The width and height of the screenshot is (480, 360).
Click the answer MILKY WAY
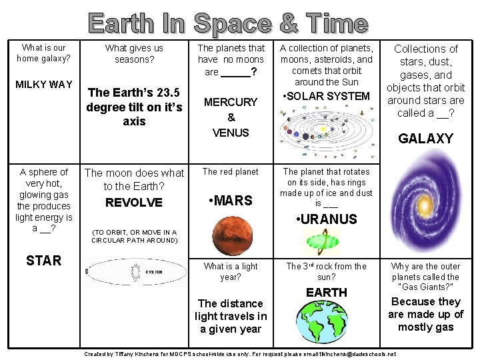tap(44, 84)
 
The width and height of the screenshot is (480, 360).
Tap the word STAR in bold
tap(43, 260)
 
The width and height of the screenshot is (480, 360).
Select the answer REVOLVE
tap(134, 202)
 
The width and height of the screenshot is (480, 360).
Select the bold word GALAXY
tap(425, 139)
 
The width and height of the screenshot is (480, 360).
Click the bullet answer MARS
tap(230, 201)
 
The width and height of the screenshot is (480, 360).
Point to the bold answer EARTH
tap(326, 292)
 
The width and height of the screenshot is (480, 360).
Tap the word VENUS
tap(230, 133)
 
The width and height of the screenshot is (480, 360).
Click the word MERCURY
tap(230, 102)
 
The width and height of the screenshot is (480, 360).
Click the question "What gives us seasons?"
tap(134, 54)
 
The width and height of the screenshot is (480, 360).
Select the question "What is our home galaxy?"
tap(44, 53)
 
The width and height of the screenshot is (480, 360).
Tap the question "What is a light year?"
tap(230, 271)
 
